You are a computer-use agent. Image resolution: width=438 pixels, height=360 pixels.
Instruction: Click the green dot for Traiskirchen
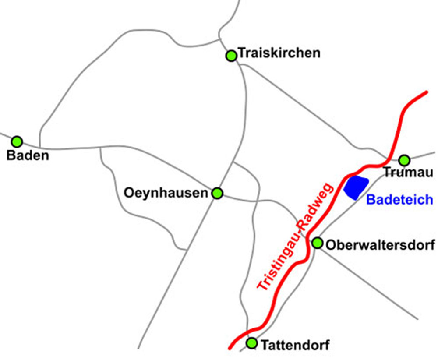point(231,56)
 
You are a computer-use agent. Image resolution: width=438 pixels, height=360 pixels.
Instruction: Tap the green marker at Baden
point(17,141)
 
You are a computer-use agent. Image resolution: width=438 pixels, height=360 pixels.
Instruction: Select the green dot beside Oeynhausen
point(217,193)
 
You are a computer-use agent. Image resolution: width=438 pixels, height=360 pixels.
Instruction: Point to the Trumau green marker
point(404,160)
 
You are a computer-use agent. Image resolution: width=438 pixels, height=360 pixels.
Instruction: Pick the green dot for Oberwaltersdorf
point(318,243)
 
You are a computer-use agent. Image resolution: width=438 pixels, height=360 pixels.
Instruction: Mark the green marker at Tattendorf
point(252,342)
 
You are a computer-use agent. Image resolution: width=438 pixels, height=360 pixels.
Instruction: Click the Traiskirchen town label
point(279,53)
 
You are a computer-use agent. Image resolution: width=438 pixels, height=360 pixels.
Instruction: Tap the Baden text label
point(28,155)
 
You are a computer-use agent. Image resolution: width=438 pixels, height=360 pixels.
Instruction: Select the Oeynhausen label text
point(166,193)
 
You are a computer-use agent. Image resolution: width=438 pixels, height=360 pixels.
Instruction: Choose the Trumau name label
point(408,173)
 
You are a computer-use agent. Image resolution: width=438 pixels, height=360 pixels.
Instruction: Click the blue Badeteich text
point(399,200)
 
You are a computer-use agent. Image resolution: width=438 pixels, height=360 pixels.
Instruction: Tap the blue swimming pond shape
point(355,187)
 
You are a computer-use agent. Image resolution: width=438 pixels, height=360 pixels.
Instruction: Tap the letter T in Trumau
point(387,173)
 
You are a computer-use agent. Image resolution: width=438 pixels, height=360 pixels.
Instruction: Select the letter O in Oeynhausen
point(128,193)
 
